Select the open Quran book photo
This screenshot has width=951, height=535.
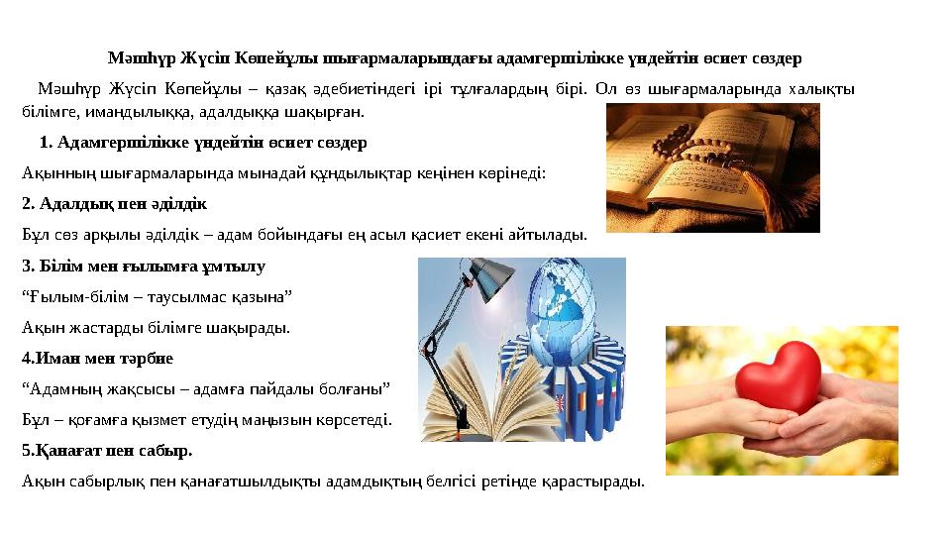click(712, 168)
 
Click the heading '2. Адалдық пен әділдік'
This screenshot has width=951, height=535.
click(114, 204)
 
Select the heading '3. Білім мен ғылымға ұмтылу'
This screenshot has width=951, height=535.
click(143, 267)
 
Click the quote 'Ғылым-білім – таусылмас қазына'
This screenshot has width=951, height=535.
click(157, 296)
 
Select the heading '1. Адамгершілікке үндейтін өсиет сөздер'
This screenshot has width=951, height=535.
click(203, 143)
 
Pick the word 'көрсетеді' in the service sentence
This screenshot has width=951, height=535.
click(357, 420)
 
